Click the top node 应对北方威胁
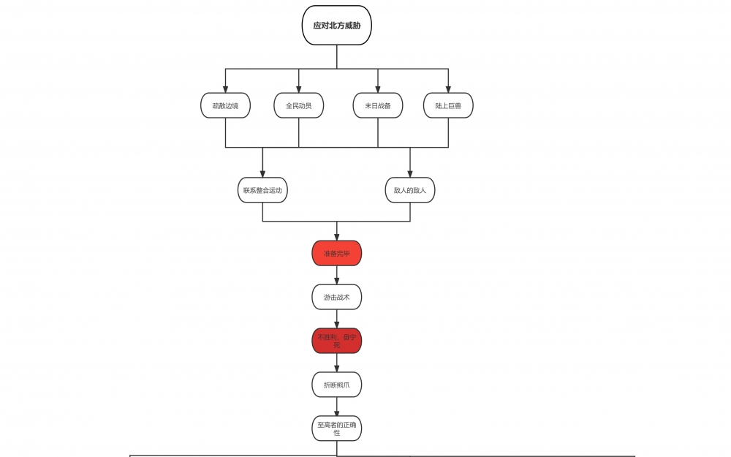[x=337, y=26]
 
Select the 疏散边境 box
[x=225, y=105]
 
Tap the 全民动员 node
[x=298, y=105]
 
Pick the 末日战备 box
[x=378, y=105]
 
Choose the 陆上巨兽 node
[x=448, y=105]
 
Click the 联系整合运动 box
[x=262, y=190]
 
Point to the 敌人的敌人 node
[x=410, y=190]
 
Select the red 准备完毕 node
[x=337, y=253]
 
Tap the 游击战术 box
[x=337, y=297]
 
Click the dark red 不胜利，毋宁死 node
[x=337, y=340]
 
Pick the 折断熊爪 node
[x=337, y=385]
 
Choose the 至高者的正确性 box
[x=337, y=428]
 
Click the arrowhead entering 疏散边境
[x=225, y=88]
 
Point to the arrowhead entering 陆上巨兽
[x=448, y=88]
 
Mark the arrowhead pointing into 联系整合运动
[x=262, y=173]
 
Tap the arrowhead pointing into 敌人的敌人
[x=410, y=173]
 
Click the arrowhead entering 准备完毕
[x=337, y=236]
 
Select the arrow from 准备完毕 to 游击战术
[x=337, y=276]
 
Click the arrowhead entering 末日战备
[x=378, y=88]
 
